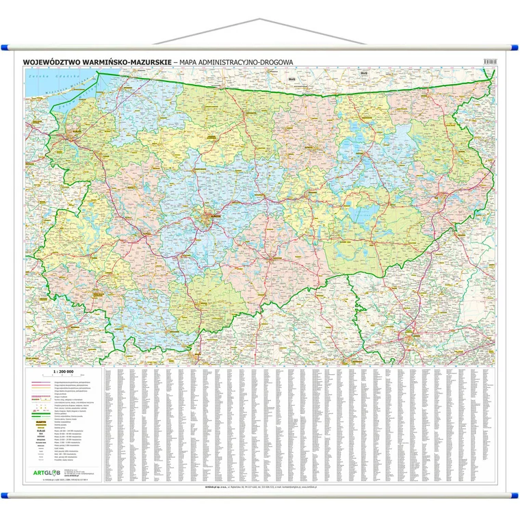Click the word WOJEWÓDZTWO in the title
point(49,62)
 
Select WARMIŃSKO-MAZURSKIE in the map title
point(123,62)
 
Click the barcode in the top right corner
point(489,62)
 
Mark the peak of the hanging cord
point(259,20)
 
